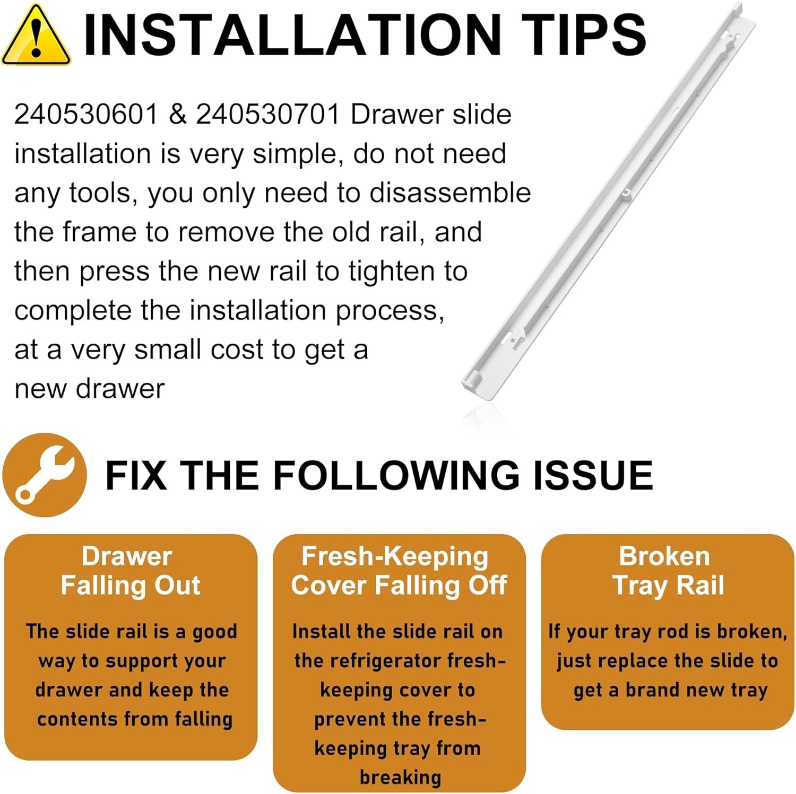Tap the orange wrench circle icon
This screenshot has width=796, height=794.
pyautogui.click(x=45, y=475)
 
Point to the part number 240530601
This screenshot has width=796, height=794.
pyautogui.click(x=86, y=114)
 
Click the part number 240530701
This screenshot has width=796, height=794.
pyautogui.click(x=268, y=114)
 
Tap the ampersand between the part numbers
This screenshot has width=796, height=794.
pyautogui.click(x=177, y=114)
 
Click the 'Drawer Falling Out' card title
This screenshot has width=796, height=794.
pyautogui.click(x=130, y=571)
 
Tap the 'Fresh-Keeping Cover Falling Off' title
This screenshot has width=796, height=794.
pyautogui.click(x=399, y=571)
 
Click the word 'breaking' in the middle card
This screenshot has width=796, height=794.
pyautogui.click(x=400, y=777)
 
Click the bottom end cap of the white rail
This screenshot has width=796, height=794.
pyautogui.click(x=474, y=381)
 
